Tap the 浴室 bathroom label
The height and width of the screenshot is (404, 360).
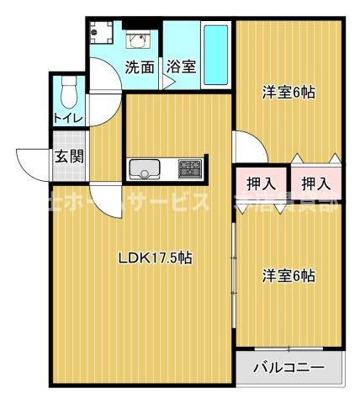(x=181, y=67)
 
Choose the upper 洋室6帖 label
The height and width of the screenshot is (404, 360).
(x=289, y=93)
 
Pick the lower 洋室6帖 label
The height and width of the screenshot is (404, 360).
(x=289, y=274)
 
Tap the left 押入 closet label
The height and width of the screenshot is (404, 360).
(x=261, y=182)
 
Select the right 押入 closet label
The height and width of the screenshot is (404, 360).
(x=315, y=182)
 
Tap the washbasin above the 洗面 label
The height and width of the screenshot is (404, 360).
(x=138, y=39)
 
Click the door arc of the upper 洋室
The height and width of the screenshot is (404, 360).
(x=248, y=145)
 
